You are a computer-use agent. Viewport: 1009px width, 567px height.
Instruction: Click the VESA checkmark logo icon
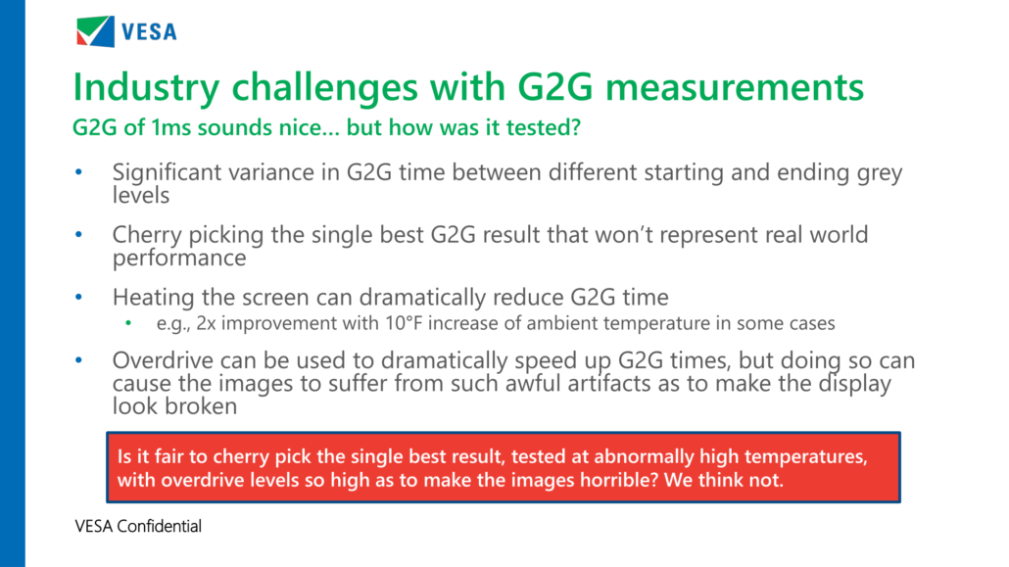(95, 31)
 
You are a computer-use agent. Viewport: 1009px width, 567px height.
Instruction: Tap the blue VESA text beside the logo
(149, 31)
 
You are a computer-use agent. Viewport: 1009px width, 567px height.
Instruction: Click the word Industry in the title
(147, 87)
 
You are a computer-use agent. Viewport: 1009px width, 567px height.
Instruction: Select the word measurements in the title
(735, 86)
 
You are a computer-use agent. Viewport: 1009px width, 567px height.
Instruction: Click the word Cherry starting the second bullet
(147, 235)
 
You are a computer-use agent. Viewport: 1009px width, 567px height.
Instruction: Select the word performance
(179, 259)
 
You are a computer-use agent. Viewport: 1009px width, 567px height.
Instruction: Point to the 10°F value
(404, 322)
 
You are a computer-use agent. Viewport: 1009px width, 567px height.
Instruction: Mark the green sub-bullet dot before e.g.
(128, 323)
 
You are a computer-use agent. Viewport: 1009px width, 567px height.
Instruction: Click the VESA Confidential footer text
(138, 527)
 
